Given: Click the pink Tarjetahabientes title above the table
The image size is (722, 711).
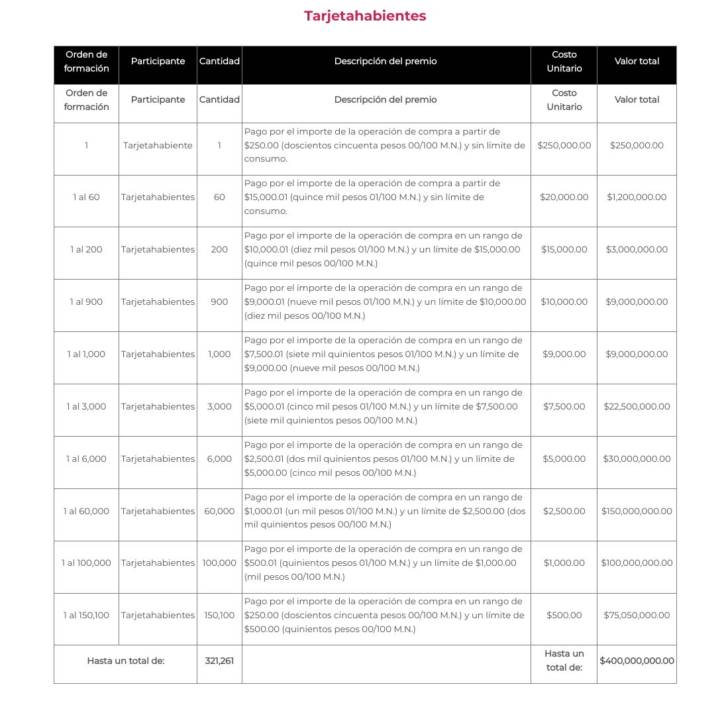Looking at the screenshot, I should tap(365, 16).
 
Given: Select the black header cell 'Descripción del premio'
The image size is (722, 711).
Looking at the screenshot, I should tap(386, 61).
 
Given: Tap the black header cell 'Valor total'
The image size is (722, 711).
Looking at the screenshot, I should tap(637, 61).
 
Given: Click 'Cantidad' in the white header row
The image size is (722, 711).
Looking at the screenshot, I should tap(219, 99).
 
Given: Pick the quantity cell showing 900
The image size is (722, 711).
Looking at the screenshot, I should tap(219, 301).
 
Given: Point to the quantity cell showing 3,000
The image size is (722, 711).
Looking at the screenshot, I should tap(219, 406).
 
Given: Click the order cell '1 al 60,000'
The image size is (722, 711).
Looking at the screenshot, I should tap(86, 511).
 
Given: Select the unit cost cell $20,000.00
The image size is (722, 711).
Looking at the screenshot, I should tap(564, 197).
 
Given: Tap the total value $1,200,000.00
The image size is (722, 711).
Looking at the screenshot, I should tap(637, 197).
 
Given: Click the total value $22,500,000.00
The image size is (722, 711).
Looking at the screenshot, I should tap(637, 406).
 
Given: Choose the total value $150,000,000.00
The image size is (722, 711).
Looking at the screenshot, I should tap(637, 511).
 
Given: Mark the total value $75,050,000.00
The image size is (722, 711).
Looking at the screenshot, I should tap(637, 615).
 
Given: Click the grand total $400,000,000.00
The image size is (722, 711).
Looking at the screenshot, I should tap(637, 661).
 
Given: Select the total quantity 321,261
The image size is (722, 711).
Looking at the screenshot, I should tap(219, 661).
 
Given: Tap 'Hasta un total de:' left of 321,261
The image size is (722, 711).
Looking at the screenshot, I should tap(126, 661).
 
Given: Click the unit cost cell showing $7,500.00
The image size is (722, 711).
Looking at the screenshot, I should tap(564, 406).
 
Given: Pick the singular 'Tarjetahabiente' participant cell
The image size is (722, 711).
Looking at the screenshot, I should tap(158, 145).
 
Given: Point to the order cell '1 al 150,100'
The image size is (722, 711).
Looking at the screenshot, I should tap(86, 615).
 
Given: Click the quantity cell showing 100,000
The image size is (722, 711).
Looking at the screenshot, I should tap(219, 563).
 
